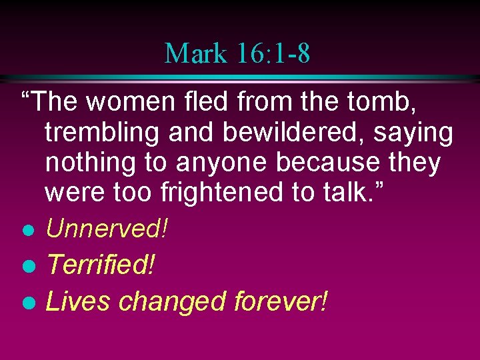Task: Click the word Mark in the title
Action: coord(195,53)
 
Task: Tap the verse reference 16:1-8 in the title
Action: coord(273,53)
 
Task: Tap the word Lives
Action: coord(77,302)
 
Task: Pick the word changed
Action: coord(173,302)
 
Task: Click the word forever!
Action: coord(281,302)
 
